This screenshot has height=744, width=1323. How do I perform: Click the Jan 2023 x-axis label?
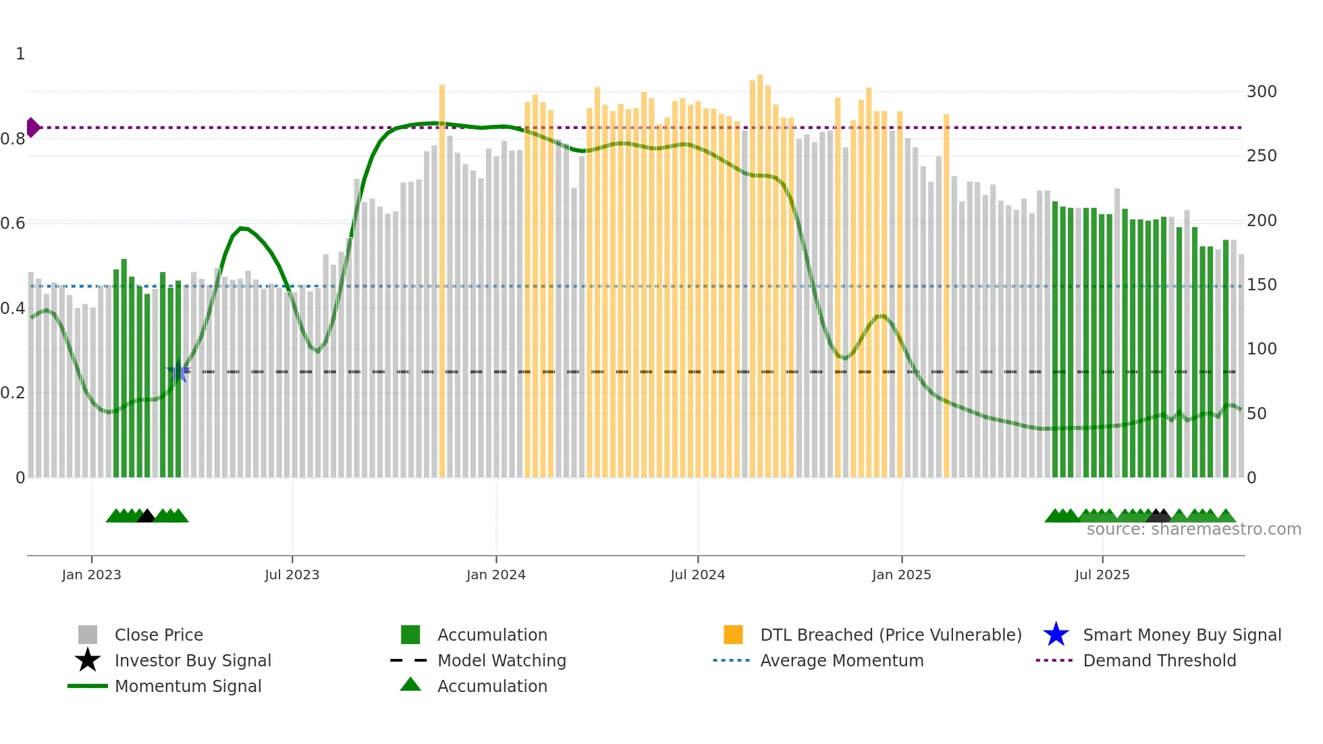[x=91, y=575]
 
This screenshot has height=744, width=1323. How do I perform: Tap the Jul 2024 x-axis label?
[x=697, y=575]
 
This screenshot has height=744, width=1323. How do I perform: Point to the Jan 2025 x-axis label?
[x=901, y=575]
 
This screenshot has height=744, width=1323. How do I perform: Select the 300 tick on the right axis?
[x=1261, y=92]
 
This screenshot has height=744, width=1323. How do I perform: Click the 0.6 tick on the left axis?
[x=13, y=223]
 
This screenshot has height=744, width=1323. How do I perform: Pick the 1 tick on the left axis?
[x=20, y=54]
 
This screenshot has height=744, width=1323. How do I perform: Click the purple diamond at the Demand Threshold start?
[x=33, y=128]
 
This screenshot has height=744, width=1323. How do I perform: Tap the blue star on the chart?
[x=178, y=371]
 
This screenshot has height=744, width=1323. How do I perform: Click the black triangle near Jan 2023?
[x=146, y=516]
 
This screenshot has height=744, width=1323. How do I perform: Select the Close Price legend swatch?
[x=88, y=635]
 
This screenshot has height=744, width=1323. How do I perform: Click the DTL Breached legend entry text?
[x=890, y=635]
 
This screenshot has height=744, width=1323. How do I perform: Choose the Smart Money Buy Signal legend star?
[x=1056, y=635]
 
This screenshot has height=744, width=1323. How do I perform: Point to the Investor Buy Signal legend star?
[x=88, y=660]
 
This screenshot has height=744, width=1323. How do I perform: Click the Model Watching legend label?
[x=502, y=660]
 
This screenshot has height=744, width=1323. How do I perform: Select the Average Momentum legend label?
[x=842, y=660]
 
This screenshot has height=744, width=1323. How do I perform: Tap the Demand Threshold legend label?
[x=1159, y=660]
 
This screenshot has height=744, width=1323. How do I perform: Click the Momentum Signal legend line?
[x=88, y=686]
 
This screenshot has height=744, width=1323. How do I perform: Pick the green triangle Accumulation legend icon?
[x=410, y=685]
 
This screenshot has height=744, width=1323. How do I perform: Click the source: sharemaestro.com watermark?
[x=1193, y=529]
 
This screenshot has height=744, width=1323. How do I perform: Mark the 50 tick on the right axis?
[x=1256, y=414]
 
